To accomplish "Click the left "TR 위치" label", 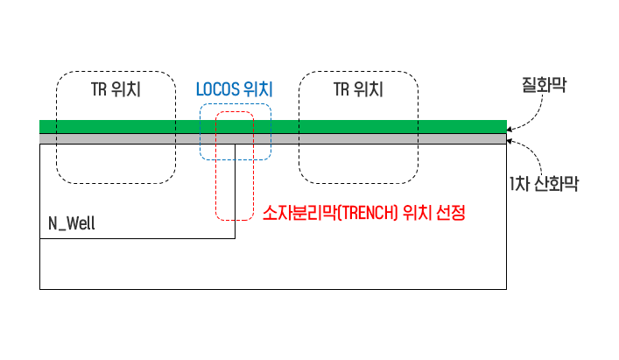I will click(x=116, y=89).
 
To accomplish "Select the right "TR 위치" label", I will click(x=358, y=89).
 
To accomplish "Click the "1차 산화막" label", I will click(x=543, y=184).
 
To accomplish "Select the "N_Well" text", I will click(x=72, y=224).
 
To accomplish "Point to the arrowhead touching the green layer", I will click(x=510, y=129).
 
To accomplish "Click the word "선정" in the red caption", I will click(x=447, y=213).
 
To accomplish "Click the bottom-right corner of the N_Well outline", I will click(x=235, y=238).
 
